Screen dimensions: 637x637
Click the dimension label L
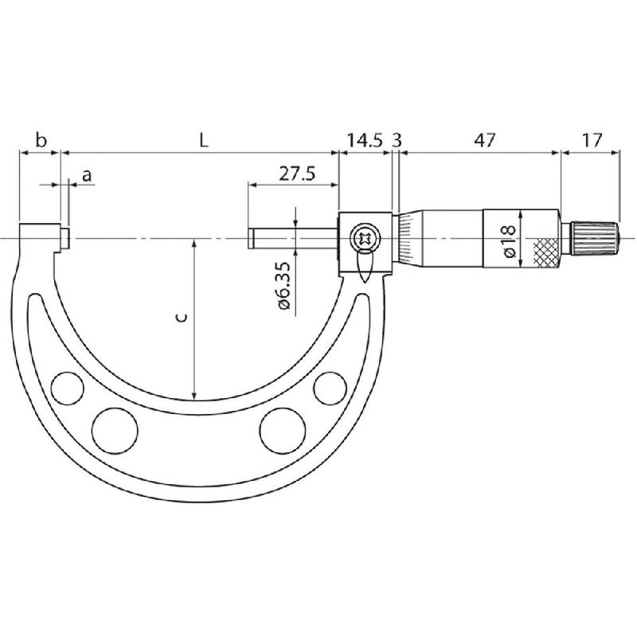tap(204, 141)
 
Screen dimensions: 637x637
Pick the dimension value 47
tap(484, 141)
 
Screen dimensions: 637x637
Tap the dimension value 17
tap(592, 141)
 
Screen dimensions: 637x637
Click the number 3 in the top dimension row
tap(397, 141)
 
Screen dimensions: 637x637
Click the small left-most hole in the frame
tap(66, 388)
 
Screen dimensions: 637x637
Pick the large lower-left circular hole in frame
tap(111, 429)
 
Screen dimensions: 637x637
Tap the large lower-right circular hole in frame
tap(279, 429)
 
